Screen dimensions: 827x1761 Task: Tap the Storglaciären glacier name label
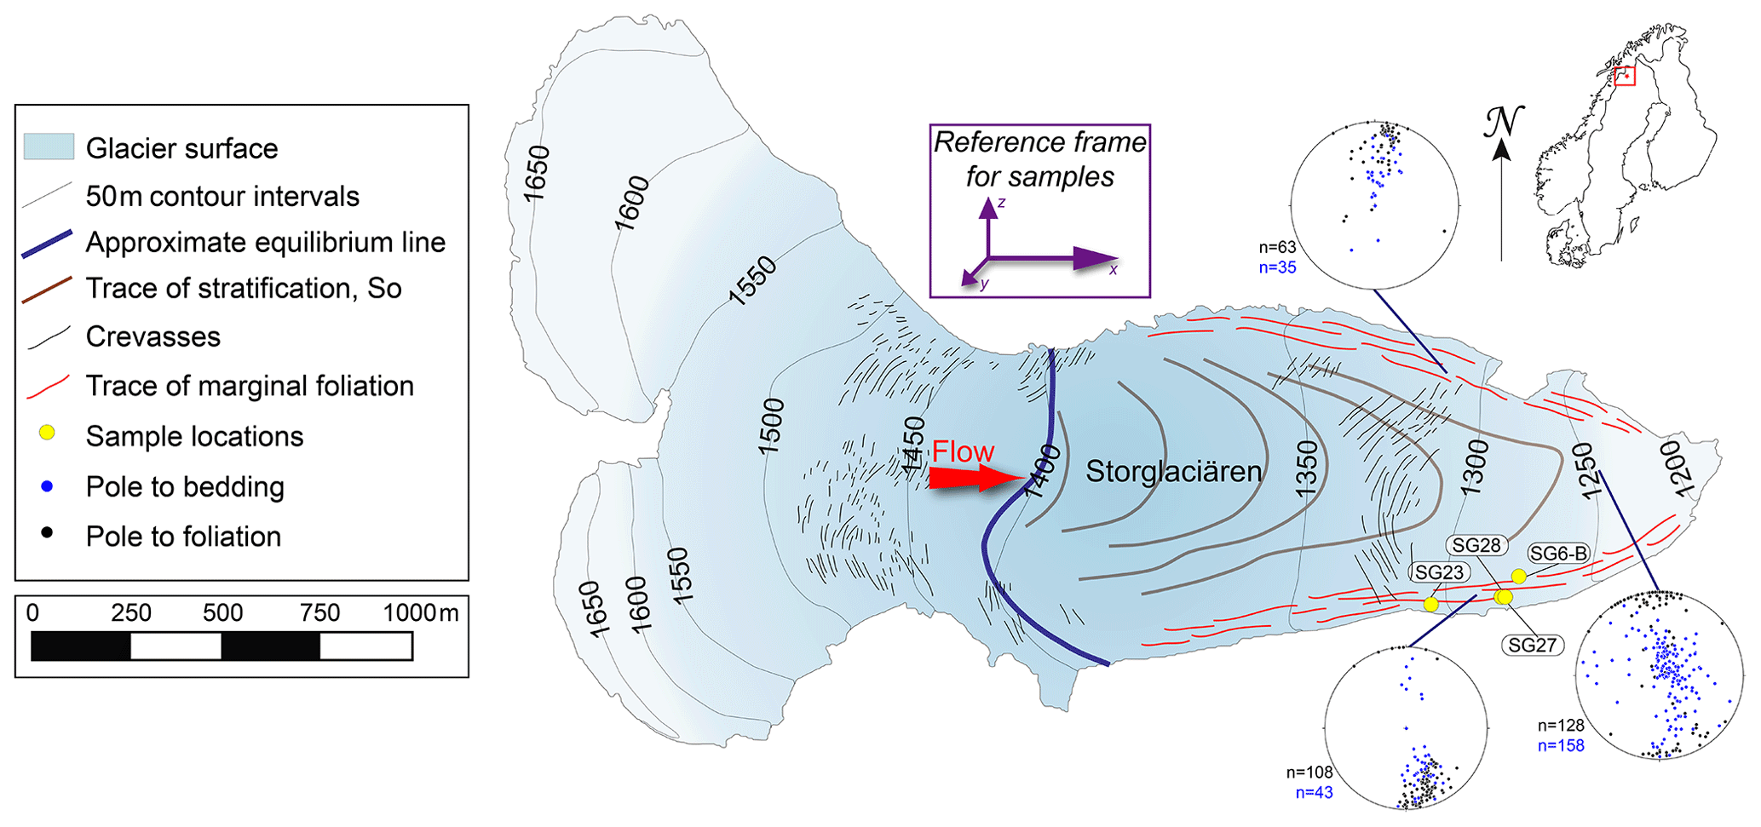point(1173,471)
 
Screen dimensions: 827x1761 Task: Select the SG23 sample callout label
point(1439,572)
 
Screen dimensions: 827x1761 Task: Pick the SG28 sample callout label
point(1476,545)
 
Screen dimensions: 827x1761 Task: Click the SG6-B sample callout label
point(1558,554)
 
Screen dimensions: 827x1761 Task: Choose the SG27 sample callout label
point(1532,645)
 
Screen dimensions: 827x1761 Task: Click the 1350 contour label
point(1306,468)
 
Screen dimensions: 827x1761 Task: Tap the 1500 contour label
point(771,426)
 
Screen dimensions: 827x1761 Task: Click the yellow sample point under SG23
point(1430,604)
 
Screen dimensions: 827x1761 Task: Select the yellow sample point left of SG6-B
point(1518,577)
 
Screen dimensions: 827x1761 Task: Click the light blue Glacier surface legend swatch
point(49,147)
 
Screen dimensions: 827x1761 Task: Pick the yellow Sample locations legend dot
point(48,433)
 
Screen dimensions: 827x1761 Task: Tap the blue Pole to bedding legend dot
point(48,486)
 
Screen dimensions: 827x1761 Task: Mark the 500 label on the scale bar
point(222,613)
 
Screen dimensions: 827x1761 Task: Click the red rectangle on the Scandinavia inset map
point(1625,76)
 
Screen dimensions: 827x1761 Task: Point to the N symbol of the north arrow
point(1503,122)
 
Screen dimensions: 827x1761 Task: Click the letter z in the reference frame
point(1002,203)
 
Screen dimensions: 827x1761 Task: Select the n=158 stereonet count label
point(1561,746)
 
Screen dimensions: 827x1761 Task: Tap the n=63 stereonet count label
point(1277,248)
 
